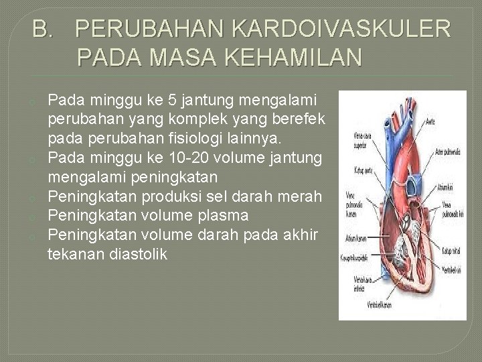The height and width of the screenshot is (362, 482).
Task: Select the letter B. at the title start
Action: coord(45,29)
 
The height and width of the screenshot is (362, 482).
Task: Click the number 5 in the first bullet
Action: coord(173,101)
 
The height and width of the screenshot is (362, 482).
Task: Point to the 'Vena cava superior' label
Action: coord(363,138)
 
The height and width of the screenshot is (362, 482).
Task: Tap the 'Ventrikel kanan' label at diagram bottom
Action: coord(380,305)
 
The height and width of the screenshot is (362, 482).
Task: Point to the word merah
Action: coord(305,197)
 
